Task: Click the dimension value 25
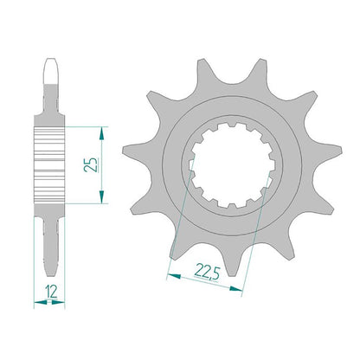[x=90, y=164]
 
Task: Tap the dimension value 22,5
[x=208, y=272]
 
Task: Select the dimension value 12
[x=51, y=292]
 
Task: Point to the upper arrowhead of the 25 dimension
[x=101, y=133]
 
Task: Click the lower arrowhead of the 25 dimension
[x=101, y=196]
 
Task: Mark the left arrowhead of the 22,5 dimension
[x=174, y=276]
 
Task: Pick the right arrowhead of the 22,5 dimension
[x=235, y=288]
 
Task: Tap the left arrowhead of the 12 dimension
[x=41, y=303]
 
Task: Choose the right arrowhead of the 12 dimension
[x=58, y=303]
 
